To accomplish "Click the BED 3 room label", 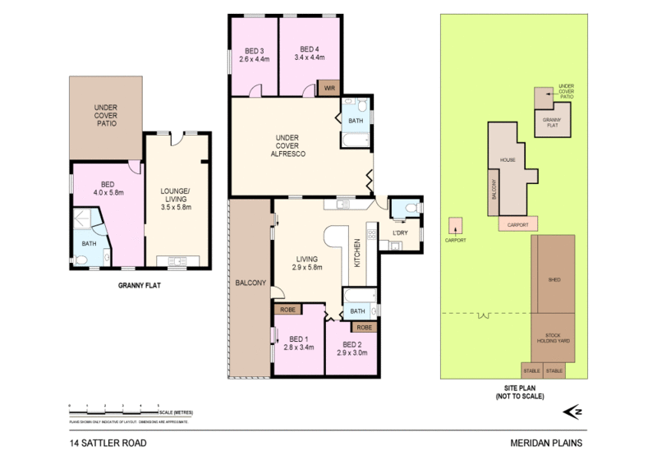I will click(x=254, y=48).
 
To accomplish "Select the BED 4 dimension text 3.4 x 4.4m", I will click(x=308, y=58).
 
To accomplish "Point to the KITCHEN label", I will click(x=357, y=255).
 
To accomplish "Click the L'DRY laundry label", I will click(x=400, y=233).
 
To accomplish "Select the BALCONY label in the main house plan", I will click(x=250, y=283).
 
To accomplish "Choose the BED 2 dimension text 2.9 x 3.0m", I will click(x=352, y=353).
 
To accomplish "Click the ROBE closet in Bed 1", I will click(x=287, y=310).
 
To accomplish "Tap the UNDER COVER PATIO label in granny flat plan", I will click(x=105, y=115).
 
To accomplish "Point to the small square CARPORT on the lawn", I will click(x=456, y=224).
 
